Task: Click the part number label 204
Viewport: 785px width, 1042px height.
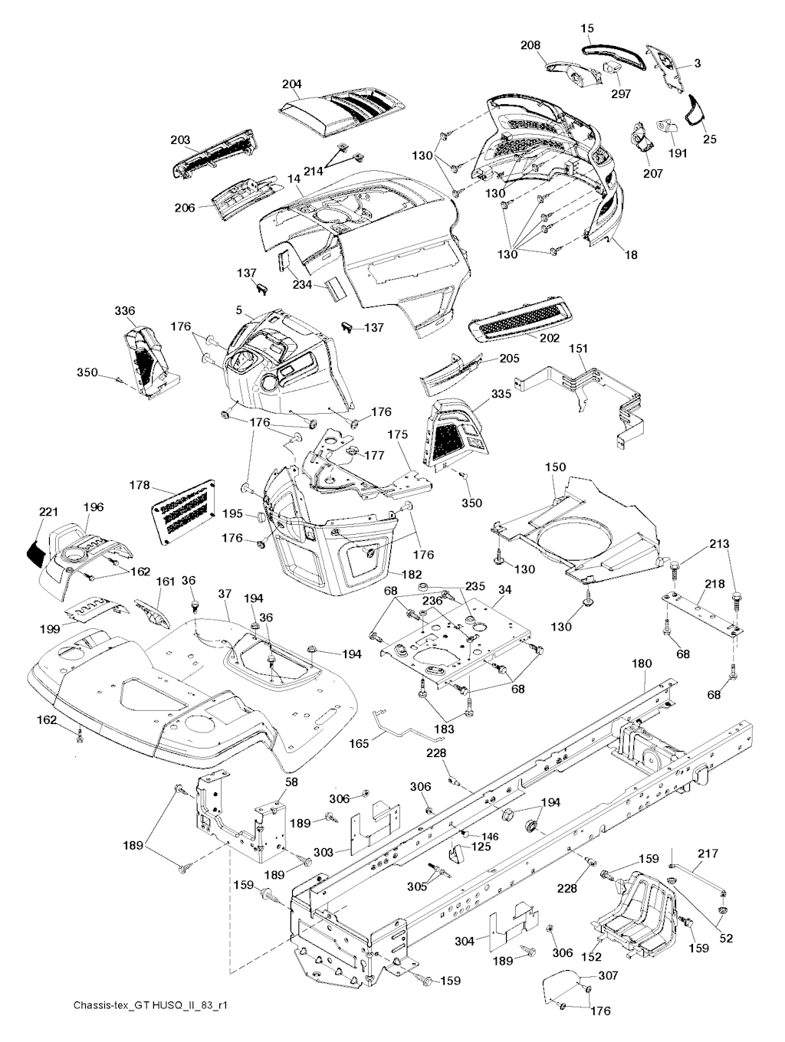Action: [291, 84]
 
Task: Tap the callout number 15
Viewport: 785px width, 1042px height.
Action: [587, 28]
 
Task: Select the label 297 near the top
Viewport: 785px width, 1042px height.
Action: [621, 93]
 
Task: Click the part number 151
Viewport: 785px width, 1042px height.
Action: [579, 349]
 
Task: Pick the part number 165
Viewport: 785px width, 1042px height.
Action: [360, 742]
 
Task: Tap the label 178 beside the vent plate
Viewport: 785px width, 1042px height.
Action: [139, 486]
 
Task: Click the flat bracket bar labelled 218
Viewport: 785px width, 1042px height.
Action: [702, 611]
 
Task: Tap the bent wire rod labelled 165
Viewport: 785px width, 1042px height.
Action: [406, 728]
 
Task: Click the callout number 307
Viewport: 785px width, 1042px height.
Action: [608, 976]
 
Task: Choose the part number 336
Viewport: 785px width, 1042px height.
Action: [125, 311]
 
